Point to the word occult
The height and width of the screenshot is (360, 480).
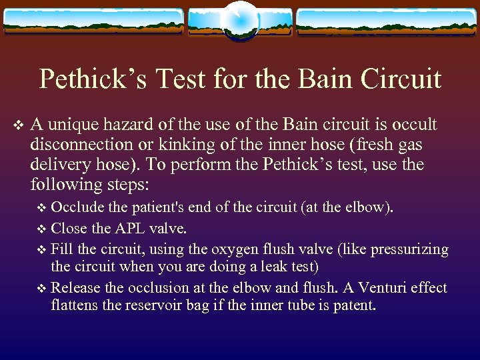413,125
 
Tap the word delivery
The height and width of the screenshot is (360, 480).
59,164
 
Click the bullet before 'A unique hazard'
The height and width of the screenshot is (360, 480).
17,125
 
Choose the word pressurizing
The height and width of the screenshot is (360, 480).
409,250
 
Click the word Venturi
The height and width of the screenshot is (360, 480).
371,288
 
